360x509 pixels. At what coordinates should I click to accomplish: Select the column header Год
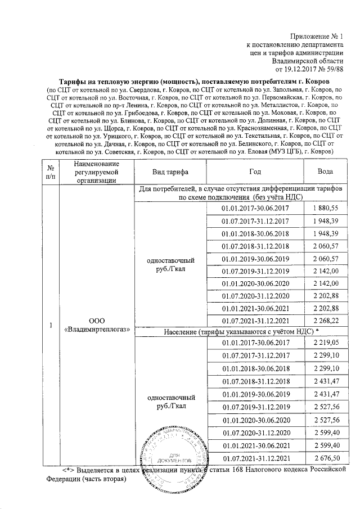(x=255, y=172)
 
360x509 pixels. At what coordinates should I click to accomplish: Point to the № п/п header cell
(x=51, y=172)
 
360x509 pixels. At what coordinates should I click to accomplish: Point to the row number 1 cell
(x=51, y=325)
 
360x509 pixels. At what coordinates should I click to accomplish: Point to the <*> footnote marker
(x=69, y=470)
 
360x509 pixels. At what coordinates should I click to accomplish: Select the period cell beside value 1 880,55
(x=255, y=208)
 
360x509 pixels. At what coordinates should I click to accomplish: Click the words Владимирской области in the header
(x=307, y=61)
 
